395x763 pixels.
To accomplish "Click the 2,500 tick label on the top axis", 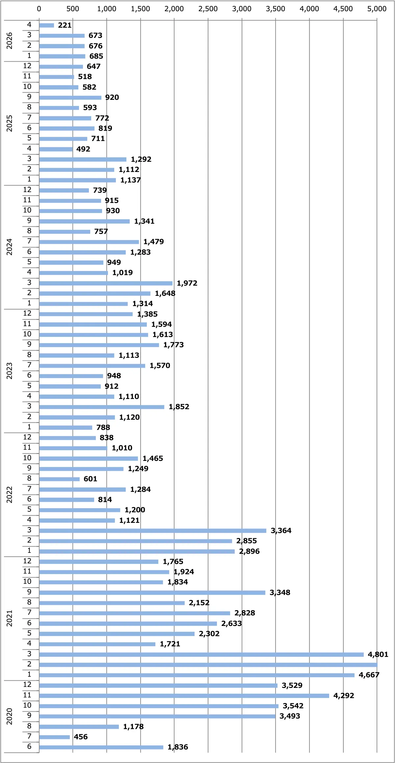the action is [208, 9].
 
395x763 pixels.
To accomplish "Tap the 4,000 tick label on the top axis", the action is [309, 9].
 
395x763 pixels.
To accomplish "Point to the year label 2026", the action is [9, 41].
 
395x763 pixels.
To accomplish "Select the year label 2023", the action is [9, 371].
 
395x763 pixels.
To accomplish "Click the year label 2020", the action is [9, 716].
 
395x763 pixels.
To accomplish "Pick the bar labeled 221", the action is [46, 25].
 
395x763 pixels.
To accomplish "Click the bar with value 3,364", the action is [153, 530].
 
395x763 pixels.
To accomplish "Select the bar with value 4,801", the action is [201, 654].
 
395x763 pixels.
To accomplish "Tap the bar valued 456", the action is [54, 737].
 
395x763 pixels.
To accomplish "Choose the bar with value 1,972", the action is [106, 283].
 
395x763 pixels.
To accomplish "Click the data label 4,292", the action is [344, 695].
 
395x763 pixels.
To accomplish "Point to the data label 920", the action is [112, 97].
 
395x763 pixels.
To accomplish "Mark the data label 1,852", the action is [179, 407].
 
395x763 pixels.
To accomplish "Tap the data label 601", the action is [90, 479].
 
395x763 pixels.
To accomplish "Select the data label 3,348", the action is [280, 592].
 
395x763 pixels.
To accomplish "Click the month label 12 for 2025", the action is [27, 66].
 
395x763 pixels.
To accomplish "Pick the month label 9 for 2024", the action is [29, 220].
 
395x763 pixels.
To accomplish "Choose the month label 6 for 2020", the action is [29, 746].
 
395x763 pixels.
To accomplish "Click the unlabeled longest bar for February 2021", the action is [208, 664].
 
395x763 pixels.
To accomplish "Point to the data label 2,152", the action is [199, 603].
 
